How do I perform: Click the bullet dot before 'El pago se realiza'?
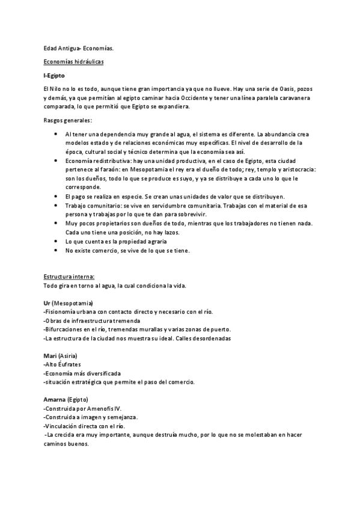pos(56,197)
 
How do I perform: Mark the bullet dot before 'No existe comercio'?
pos(56,250)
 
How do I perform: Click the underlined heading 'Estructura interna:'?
pos(69,276)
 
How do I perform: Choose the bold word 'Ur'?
pos(47,302)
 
